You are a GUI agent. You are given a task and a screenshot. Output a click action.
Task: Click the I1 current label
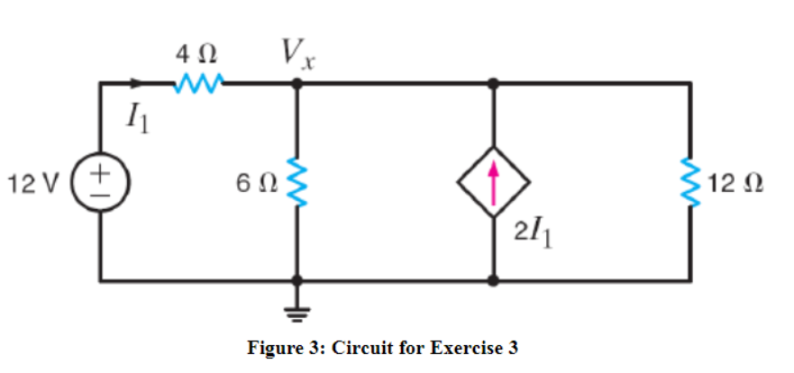[138, 114]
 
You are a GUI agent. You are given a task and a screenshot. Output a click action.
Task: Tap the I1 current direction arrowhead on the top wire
[137, 84]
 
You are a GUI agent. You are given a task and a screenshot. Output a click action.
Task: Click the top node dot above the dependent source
[492, 84]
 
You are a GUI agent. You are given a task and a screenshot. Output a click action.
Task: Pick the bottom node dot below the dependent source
[492, 280]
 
